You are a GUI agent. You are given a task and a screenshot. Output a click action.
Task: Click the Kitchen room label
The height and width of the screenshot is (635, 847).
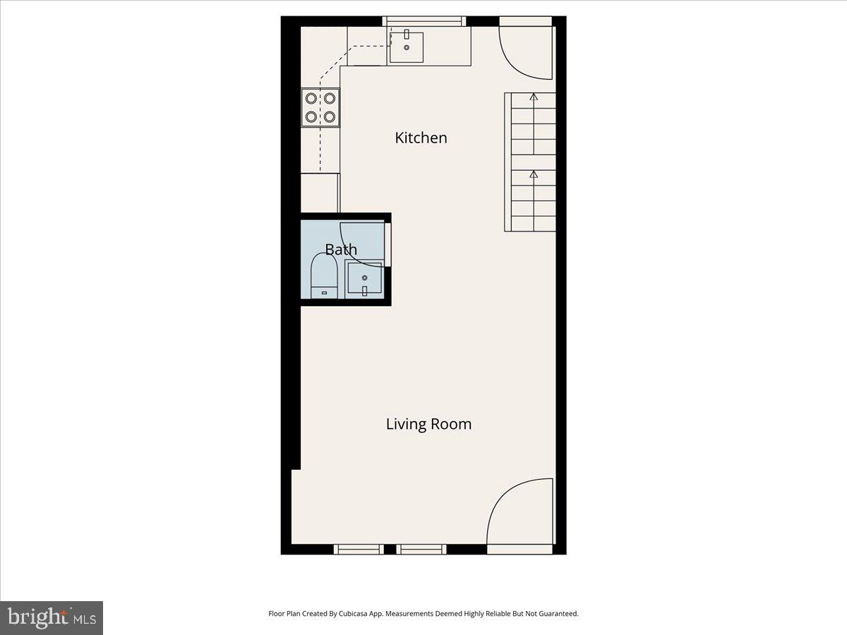(421, 138)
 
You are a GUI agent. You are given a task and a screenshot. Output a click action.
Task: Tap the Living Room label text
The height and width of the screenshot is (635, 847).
(428, 424)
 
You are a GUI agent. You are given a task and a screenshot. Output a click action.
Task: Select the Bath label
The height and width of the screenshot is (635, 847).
(341, 250)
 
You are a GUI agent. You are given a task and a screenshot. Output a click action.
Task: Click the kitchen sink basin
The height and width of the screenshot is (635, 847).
(407, 47)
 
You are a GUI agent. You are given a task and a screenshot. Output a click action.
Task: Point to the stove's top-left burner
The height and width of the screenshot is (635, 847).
(311, 98)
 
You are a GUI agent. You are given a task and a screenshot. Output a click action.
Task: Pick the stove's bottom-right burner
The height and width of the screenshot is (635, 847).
(330, 117)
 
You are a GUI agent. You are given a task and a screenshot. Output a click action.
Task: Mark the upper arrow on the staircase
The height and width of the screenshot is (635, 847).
(534, 97)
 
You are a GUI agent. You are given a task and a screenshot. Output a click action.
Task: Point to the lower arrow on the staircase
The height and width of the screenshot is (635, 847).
(534, 174)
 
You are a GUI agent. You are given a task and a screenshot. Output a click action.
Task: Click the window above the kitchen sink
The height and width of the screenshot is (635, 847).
(423, 21)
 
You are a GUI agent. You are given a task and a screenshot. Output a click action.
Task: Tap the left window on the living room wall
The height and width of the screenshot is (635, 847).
(359, 549)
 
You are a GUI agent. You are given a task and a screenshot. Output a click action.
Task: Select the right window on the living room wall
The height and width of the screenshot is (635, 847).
(421, 549)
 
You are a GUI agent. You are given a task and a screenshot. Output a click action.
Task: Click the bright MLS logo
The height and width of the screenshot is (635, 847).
(52, 618)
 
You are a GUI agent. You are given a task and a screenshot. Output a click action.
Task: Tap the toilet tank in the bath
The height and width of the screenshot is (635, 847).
(324, 292)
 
